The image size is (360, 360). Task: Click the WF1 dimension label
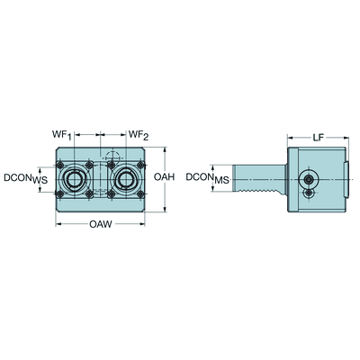point(62,135)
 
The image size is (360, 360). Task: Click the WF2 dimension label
point(139,135)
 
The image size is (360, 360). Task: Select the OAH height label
point(164,177)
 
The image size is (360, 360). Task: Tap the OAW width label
point(101,224)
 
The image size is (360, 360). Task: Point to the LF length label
point(319,138)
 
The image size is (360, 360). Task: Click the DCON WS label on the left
point(25,178)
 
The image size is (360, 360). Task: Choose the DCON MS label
point(207,178)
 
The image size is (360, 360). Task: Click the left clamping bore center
point(74,180)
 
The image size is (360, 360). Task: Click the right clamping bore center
point(126,180)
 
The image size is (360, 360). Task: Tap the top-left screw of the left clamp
point(60,165)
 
